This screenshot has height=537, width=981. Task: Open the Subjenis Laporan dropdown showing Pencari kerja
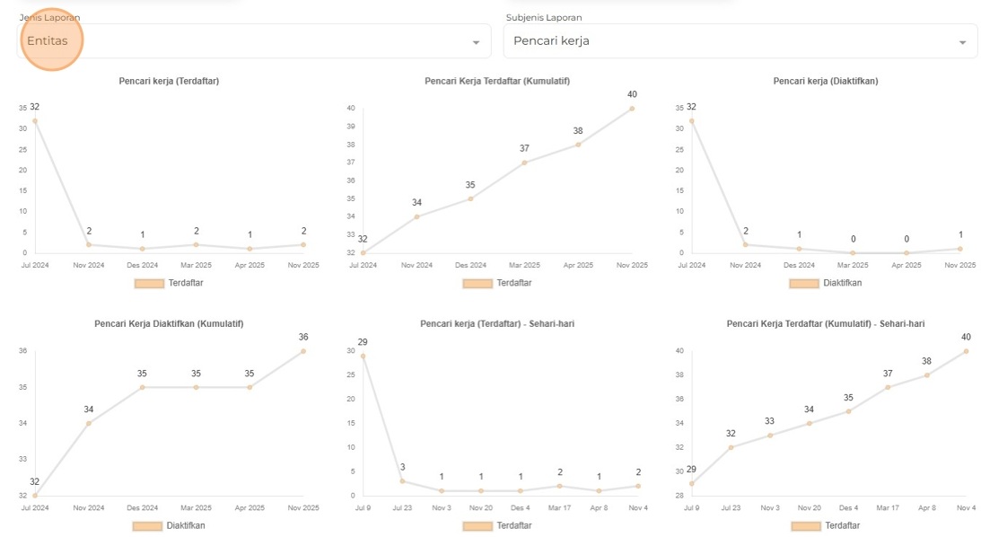[x=740, y=41]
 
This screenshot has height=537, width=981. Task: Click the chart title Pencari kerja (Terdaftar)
[x=169, y=81]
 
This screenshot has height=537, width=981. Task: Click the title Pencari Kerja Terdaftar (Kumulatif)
[x=496, y=81]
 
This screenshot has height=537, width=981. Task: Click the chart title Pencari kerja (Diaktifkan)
[x=825, y=81]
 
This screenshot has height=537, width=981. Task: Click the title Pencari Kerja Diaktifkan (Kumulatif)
[x=169, y=323]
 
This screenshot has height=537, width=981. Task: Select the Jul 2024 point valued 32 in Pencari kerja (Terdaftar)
[x=35, y=120]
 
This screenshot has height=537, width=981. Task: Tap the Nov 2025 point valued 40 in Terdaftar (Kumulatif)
[x=632, y=109]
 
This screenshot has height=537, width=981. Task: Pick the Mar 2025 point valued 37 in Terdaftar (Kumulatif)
[x=524, y=163]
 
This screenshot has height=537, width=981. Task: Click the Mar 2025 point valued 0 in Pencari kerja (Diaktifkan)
[x=853, y=252]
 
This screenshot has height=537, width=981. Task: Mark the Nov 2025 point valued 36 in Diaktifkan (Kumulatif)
[x=303, y=351]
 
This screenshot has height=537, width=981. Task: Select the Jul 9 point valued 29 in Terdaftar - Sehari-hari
[x=363, y=356]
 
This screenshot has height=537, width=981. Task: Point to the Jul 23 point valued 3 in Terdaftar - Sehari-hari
[x=402, y=481]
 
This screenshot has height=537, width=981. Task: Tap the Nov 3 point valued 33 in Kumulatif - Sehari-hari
[x=770, y=436]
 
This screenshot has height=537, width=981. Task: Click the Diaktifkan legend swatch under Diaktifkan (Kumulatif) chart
[x=148, y=525]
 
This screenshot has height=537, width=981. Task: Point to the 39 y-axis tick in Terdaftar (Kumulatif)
[x=351, y=127]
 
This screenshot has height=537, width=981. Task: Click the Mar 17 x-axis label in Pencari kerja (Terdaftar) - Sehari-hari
[x=559, y=508]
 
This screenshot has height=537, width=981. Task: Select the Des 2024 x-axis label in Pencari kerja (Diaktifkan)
[x=799, y=265]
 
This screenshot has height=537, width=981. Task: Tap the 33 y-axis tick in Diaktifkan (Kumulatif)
[x=22, y=459]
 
